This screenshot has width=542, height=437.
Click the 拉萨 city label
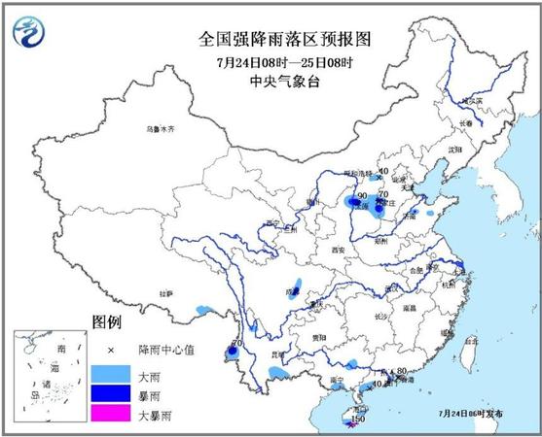(x=166, y=291)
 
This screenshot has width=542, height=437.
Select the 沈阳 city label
(x=453, y=151)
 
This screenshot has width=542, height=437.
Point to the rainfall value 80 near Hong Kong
(x=400, y=370)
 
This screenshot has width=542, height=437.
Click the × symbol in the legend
(x=110, y=350)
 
